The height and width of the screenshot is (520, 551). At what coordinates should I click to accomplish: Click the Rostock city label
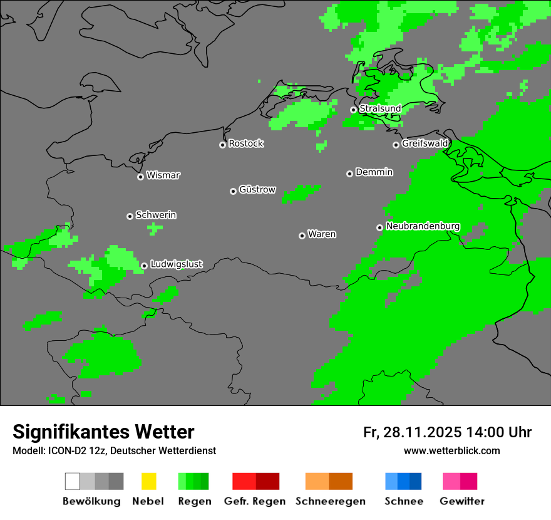246,143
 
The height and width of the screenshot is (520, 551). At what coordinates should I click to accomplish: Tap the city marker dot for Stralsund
353,110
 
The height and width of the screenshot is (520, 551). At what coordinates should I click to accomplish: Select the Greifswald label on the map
425,143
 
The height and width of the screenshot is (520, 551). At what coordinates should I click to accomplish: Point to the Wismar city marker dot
140,177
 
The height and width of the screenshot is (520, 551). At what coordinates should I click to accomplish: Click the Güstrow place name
257,189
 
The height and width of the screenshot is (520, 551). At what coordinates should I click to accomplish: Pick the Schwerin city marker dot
130,216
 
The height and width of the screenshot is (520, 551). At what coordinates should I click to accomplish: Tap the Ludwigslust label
177,264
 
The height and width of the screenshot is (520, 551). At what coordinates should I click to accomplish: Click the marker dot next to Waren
302,236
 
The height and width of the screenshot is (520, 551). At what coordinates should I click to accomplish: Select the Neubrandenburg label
423,226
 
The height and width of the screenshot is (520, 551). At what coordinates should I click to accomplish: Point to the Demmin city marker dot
349,174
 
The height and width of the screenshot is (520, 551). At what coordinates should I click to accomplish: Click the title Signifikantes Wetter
103,432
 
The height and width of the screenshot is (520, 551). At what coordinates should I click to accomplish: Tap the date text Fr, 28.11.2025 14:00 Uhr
447,432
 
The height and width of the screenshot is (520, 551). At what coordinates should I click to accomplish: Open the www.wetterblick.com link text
451,450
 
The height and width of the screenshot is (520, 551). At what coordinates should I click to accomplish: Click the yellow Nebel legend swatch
148,481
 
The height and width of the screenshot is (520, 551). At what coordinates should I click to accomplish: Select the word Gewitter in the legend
462,501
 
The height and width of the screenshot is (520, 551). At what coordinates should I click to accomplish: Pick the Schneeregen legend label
331,501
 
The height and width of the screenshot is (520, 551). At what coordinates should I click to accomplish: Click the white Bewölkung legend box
73,481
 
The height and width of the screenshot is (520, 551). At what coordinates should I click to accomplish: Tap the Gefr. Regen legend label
254,501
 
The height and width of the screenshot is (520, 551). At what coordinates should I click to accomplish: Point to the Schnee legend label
403,501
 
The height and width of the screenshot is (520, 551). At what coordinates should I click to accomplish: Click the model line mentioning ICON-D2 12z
114,450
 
